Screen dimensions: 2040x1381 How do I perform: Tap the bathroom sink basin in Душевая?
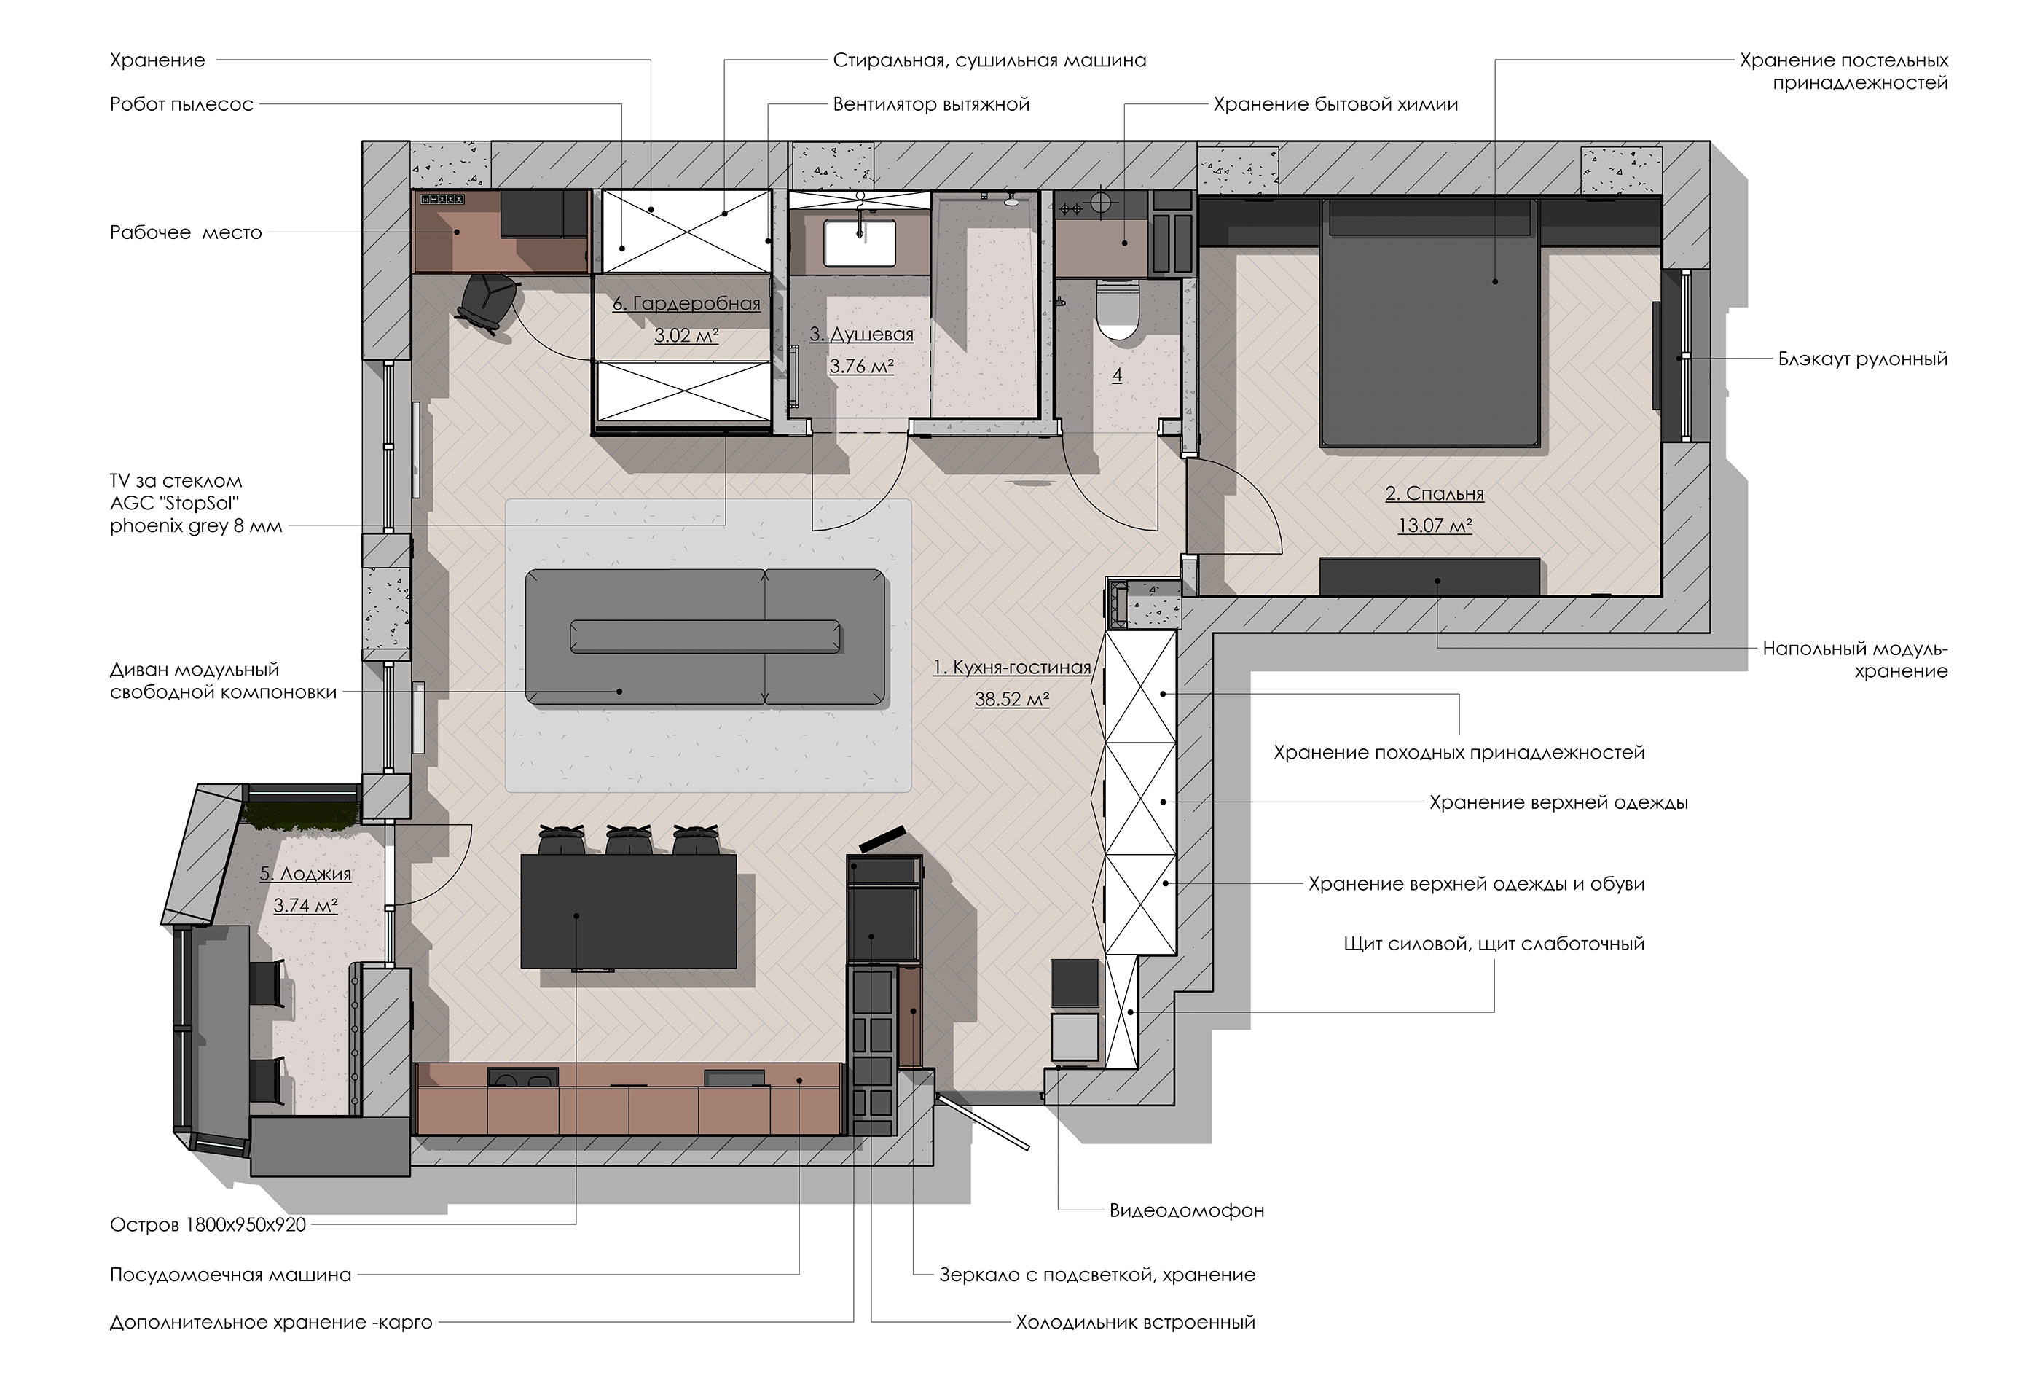(x=860, y=241)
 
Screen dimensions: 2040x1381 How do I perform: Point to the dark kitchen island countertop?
(x=629, y=910)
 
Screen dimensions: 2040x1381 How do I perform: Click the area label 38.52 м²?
(x=1011, y=700)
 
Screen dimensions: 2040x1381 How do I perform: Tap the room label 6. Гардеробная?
(x=686, y=304)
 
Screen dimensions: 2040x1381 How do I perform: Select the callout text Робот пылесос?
(x=181, y=104)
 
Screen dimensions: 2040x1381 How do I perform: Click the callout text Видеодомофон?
(x=1187, y=1210)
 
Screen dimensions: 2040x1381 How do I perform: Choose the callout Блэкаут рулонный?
(x=1863, y=359)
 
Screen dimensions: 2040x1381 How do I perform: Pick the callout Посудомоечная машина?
(x=231, y=1275)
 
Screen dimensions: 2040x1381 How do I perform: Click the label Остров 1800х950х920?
(x=208, y=1225)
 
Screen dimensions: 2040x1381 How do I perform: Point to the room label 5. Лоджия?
(x=305, y=875)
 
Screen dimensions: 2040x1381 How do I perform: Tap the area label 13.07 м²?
(x=1435, y=525)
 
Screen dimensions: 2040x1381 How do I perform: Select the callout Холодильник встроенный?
(x=1135, y=1322)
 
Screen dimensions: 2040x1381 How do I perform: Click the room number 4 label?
(x=1117, y=376)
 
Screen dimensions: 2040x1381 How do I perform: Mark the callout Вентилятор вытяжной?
(x=931, y=104)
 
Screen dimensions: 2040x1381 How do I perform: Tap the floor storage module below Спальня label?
(x=1430, y=576)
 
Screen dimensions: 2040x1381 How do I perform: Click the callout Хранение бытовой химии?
(x=1336, y=104)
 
